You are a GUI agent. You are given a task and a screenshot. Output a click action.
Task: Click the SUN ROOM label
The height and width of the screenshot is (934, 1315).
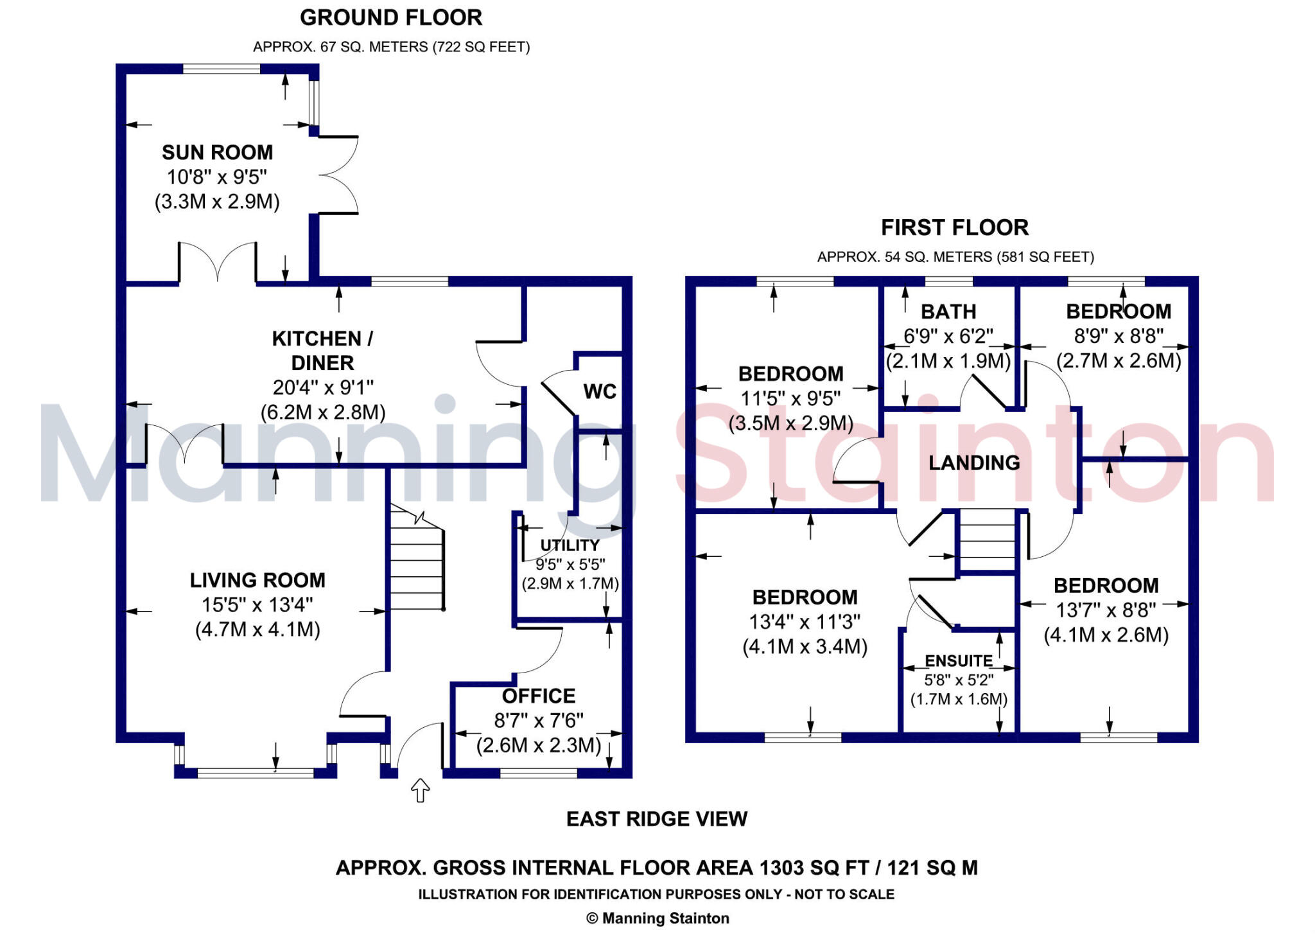217,152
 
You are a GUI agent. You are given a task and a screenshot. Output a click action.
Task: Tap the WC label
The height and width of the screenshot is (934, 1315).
600,391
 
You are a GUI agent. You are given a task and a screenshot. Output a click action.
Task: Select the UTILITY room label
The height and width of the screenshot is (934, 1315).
570,545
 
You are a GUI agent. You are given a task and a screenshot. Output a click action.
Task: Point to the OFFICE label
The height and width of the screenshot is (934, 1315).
538,696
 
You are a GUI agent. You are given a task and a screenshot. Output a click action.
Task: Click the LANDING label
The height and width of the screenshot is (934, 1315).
974,463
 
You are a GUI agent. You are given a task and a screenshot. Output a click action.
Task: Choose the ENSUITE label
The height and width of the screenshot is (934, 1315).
959,661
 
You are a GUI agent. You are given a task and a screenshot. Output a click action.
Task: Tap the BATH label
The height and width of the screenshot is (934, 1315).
948,312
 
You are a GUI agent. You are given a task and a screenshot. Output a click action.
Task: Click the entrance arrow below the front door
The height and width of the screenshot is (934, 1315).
420,790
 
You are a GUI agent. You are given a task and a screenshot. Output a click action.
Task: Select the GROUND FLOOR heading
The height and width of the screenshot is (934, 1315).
391,17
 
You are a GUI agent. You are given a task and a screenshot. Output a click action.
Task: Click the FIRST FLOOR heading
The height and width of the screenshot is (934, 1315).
955,227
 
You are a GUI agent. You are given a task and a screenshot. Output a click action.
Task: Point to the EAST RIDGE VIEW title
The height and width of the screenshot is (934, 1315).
657,819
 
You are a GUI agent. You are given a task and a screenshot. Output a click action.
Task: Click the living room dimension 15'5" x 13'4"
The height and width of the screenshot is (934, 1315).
257,604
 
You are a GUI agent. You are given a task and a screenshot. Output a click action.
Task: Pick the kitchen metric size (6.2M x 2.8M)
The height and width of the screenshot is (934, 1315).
323,412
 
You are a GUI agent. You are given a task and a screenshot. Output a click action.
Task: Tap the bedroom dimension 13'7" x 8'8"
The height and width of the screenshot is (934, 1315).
1106,610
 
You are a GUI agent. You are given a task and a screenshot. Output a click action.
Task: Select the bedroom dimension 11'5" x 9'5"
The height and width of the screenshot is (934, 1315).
790,398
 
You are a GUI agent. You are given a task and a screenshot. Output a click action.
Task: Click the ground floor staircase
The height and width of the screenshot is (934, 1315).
417,557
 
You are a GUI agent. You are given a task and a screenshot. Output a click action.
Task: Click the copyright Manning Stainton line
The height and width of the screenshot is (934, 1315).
657,919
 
